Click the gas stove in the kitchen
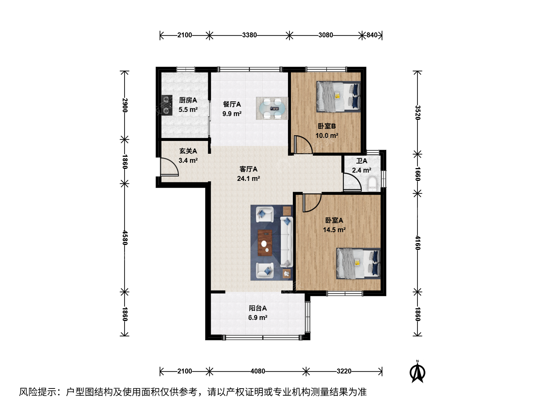167,105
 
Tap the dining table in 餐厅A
272,108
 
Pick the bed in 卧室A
358,263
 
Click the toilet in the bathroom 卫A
372,184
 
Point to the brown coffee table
265,243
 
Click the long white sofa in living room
286,242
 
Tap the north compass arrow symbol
417,372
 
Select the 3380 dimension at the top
250,35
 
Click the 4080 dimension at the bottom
257,371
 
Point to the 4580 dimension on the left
125,238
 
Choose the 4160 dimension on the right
417,243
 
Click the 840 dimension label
372,35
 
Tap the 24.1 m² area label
248,178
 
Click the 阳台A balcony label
257,308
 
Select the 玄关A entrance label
188,151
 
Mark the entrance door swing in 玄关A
169,167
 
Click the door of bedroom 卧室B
303,144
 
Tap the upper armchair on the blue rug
265,214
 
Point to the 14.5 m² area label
334,230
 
